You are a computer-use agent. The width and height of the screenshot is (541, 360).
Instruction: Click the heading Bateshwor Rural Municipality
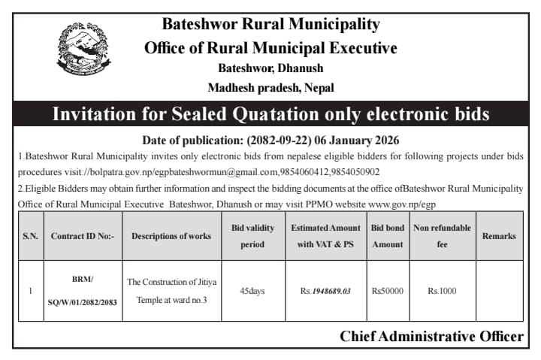click(x=270, y=24)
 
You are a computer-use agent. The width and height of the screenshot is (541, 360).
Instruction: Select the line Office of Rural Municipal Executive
click(x=270, y=48)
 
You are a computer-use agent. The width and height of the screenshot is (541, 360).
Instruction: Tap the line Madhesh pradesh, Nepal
click(x=270, y=88)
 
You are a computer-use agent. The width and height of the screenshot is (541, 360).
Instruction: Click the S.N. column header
click(x=30, y=236)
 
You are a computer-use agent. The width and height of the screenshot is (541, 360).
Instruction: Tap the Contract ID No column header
click(x=83, y=236)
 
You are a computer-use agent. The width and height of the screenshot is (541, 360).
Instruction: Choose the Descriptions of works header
click(x=171, y=236)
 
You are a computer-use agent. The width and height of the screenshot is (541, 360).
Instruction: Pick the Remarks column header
click(x=499, y=236)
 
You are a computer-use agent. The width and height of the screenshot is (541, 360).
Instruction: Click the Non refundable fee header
click(x=442, y=236)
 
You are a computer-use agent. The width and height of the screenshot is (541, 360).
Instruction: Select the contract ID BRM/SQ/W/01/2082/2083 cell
click(x=83, y=291)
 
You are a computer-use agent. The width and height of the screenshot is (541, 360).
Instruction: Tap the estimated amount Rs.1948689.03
click(x=326, y=291)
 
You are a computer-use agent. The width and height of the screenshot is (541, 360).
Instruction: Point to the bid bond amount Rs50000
click(x=388, y=291)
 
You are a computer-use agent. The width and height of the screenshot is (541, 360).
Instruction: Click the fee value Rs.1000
click(x=442, y=291)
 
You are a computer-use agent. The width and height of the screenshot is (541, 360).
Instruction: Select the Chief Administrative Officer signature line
click(x=431, y=337)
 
